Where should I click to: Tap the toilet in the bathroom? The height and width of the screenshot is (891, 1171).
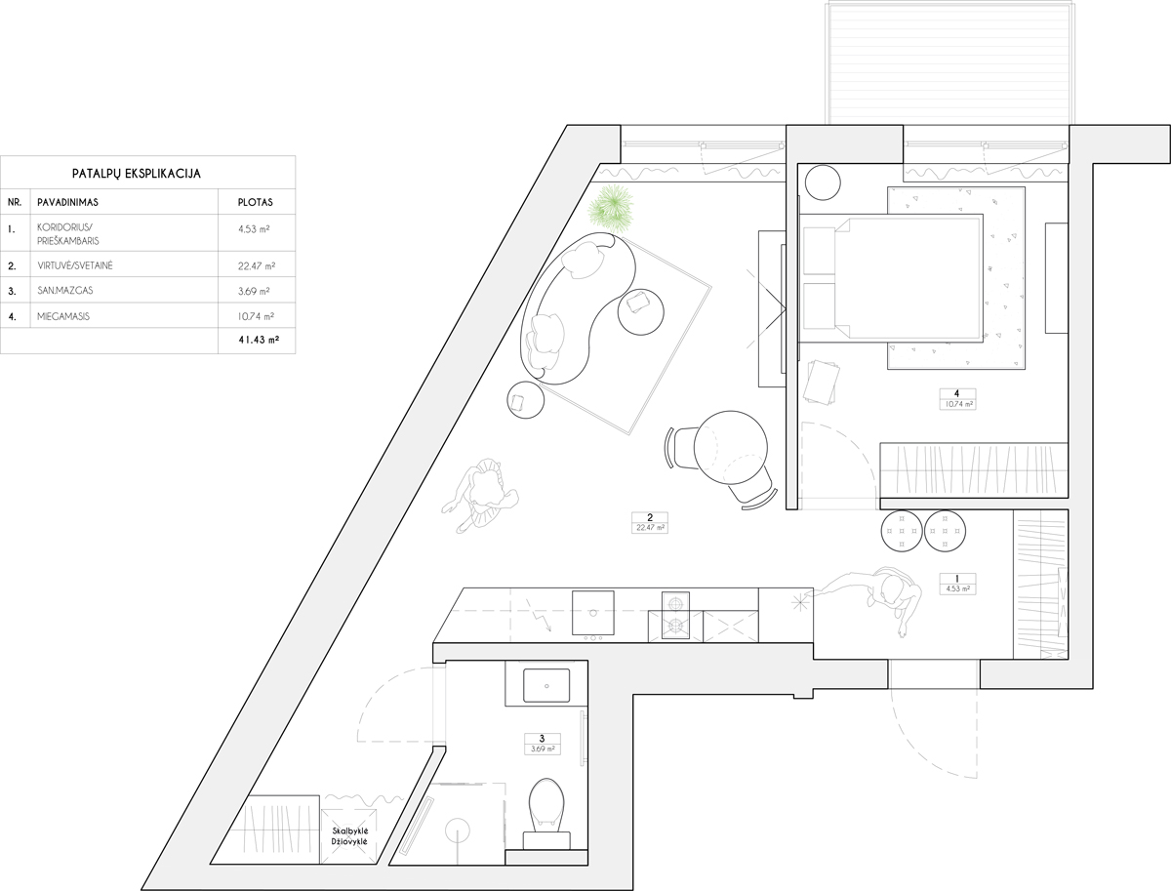546,815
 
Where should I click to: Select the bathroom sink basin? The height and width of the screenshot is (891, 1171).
546,686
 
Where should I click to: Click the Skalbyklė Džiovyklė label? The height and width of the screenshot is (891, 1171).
349,836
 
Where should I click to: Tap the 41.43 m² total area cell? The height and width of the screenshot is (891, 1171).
259,340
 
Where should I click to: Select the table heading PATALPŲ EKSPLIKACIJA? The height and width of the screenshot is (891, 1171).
137,174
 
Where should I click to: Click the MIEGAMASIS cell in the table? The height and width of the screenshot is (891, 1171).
63,316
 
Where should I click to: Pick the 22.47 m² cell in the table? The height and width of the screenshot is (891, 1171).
257,265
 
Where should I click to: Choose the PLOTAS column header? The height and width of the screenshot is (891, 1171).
255,202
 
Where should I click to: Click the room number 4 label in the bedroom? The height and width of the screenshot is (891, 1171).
956,393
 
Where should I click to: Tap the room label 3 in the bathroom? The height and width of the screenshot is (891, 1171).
542,739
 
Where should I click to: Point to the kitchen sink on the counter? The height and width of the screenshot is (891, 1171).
592,613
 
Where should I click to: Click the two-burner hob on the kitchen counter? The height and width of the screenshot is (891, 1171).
675,615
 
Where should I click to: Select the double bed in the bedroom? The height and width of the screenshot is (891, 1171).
891,277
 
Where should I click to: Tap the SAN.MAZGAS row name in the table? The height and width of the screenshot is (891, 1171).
65,291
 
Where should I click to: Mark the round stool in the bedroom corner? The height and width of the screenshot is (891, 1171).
823,182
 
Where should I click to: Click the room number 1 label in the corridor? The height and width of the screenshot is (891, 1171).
957,579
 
